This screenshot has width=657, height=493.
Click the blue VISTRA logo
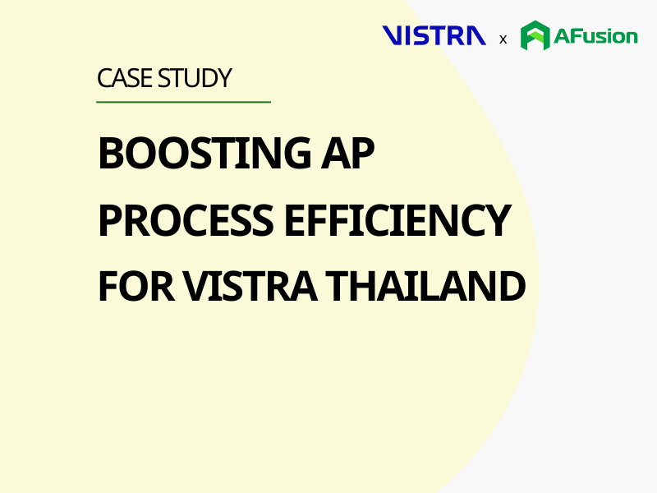click(434, 35)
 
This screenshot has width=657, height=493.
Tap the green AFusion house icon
click(535, 35)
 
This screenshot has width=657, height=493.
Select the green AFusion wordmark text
click(595, 36)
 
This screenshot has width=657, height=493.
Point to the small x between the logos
click(503, 39)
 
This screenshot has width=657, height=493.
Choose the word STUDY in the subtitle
click(195, 78)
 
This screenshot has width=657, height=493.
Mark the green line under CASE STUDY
click(183, 101)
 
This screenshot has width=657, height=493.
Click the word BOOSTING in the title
click(204, 153)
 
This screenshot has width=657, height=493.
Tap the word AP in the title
click(347, 153)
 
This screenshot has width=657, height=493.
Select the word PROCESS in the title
click(186, 220)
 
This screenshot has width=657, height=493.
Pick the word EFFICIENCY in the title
click(397, 220)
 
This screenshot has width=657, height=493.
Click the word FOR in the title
click(136, 286)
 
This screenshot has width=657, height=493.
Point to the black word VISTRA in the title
click(250, 286)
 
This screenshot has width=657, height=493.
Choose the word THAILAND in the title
click(425, 286)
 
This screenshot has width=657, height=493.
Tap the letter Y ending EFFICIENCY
click(497, 220)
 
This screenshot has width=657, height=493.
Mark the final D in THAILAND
click(512, 286)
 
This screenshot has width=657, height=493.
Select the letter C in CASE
click(104, 78)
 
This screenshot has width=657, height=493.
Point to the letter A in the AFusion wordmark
click(562, 36)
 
